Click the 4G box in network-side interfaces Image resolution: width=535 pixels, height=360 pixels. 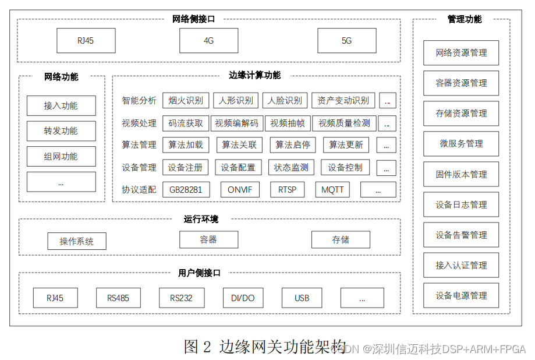click(208, 41)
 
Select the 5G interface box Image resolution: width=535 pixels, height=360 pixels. click(346, 41)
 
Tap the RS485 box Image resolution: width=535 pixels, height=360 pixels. click(118, 298)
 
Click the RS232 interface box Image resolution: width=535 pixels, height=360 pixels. click(182, 298)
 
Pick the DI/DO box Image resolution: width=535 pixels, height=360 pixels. click(243, 298)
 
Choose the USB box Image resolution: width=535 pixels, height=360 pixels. click(302, 298)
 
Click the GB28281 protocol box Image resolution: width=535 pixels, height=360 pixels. click(186, 190)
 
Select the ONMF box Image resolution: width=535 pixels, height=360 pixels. click(240, 190)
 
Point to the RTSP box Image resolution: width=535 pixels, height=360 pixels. click(287, 190)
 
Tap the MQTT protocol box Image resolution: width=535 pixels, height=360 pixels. click(333, 190)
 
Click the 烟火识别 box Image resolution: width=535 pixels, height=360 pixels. click(186, 101)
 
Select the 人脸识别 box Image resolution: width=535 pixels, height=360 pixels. click(285, 101)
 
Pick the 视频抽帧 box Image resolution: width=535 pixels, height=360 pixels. click(288, 123)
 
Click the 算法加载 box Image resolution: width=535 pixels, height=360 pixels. click(186, 145)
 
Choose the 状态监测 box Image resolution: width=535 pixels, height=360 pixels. click(292, 168)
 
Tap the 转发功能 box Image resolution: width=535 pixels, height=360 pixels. click(61, 131)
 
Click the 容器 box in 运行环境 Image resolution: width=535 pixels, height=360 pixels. click(208, 239)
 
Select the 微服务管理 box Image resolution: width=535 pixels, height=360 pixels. click(461, 143)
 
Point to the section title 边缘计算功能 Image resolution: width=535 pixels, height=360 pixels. click(254, 75)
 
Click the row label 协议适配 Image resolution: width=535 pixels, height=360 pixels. click(139, 190)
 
